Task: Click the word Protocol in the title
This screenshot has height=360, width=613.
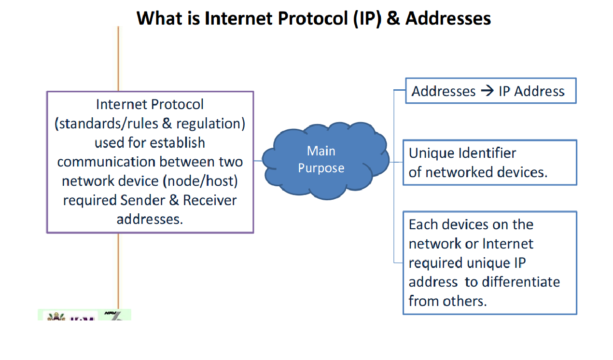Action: pyautogui.click(x=313, y=19)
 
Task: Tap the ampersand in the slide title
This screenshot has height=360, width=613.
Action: pyautogui.click(x=393, y=18)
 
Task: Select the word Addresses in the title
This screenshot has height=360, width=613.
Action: pyautogui.click(x=448, y=18)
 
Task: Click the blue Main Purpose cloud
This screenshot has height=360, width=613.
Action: pyautogui.click(x=326, y=161)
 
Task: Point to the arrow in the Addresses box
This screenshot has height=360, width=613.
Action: pyautogui.click(x=488, y=91)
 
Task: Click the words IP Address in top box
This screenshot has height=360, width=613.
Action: pyautogui.click(x=531, y=91)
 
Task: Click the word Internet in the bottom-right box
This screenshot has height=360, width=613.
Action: pyautogui.click(x=508, y=244)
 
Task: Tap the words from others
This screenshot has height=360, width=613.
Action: pyautogui.click(x=448, y=301)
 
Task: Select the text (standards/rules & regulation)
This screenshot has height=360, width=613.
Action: pyautogui.click(x=150, y=124)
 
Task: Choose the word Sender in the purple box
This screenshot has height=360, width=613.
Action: pyautogui.click(x=143, y=200)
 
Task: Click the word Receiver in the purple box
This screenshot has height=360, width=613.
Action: pyautogui.click(x=210, y=200)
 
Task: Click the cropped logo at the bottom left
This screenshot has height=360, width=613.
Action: pyautogui.click(x=84, y=315)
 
